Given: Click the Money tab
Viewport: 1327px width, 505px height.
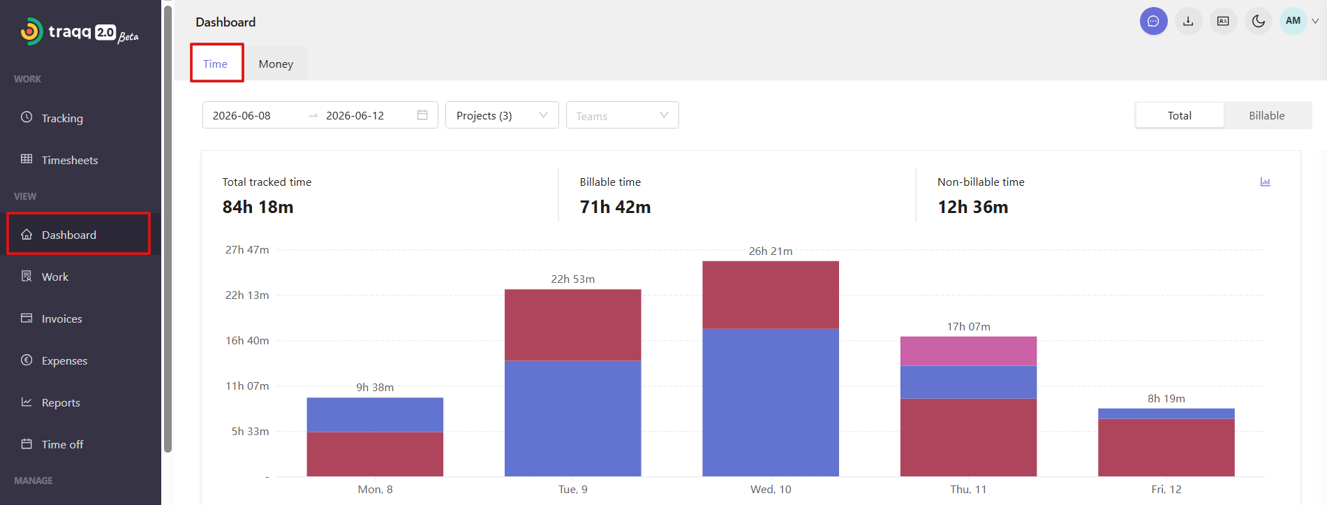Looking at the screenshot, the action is click(276, 64).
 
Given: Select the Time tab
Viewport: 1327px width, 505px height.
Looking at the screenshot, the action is click(216, 64).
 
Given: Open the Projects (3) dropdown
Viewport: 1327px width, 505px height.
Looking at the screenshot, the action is click(502, 115).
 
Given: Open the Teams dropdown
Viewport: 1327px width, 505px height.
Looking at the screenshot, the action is click(622, 115).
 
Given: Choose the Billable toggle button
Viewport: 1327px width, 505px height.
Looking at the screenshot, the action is click(1266, 115).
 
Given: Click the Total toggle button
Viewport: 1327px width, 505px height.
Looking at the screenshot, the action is click(1180, 115).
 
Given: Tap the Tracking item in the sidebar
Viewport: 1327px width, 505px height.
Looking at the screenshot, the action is click(62, 118).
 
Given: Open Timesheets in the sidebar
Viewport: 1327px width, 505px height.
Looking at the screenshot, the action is click(69, 160).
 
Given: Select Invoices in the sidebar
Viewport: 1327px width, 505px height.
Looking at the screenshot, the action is click(61, 319).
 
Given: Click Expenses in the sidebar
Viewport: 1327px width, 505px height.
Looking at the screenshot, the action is click(64, 360).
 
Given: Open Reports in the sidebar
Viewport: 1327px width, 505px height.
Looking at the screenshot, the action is click(61, 402).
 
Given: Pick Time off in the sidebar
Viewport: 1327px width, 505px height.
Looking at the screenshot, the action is click(62, 444).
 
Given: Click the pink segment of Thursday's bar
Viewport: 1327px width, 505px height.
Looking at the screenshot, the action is click(968, 351).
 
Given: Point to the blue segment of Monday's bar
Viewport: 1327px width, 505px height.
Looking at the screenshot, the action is click(375, 415).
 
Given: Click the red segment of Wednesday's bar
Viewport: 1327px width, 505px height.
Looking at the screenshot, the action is click(771, 295).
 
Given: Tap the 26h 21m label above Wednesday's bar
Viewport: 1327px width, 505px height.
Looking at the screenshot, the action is click(771, 251).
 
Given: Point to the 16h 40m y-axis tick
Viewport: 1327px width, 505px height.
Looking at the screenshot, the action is click(247, 340).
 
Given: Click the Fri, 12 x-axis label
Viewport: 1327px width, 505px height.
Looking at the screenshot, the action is click(1166, 489).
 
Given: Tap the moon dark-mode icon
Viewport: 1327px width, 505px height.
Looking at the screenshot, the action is click(1259, 21).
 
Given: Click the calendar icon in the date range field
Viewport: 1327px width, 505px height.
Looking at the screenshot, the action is click(422, 115).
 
